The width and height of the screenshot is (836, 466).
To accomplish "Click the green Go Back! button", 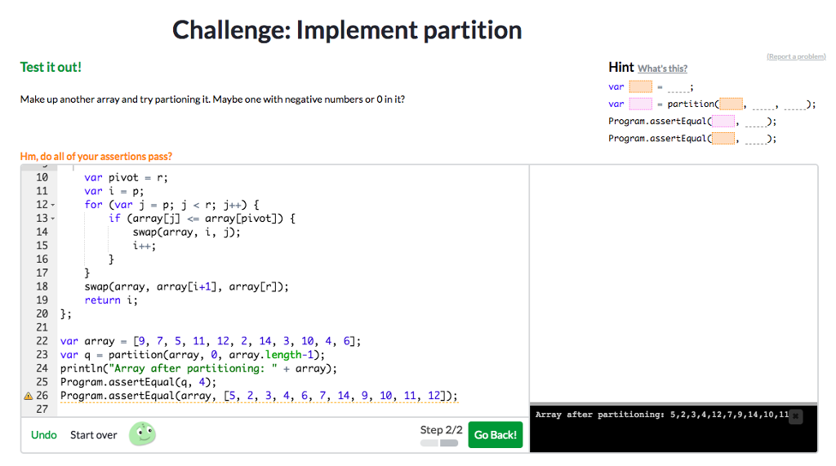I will [x=495, y=435].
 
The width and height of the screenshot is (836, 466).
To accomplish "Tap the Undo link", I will [x=44, y=435].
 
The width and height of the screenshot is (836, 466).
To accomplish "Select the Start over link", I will [x=93, y=435].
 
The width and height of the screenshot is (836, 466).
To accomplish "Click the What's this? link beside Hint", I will [x=662, y=69].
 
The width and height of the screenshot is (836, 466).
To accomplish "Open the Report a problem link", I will [x=796, y=56].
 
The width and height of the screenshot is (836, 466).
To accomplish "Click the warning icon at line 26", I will [x=29, y=396].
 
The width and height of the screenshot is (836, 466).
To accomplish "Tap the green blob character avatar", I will [x=142, y=434].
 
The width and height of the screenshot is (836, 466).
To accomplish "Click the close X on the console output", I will [x=796, y=416].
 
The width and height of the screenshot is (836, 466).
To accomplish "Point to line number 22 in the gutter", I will [x=42, y=341].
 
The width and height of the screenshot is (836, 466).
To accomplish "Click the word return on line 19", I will [x=102, y=300].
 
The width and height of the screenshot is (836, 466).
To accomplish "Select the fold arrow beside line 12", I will [x=54, y=205].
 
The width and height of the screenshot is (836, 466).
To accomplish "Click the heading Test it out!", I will [x=51, y=67].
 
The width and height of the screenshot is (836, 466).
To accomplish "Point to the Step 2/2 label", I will [x=441, y=429].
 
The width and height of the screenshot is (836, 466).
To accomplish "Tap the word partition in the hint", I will [x=691, y=104].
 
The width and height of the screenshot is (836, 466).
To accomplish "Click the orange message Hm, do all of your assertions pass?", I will [x=96, y=156].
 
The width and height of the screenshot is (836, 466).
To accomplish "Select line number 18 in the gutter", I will [x=42, y=286].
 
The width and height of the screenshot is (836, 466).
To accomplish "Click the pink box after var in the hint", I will [x=641, y=104].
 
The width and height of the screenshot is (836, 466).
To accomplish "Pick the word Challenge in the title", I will [x=229, y=30].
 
